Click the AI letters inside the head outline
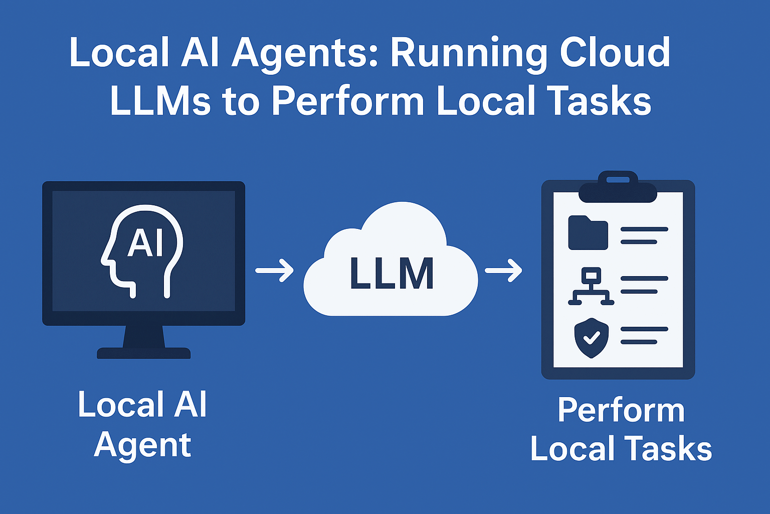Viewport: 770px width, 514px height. pos(145,243)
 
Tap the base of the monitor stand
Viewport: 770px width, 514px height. pos(143,353)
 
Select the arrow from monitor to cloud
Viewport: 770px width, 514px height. pos(274,271)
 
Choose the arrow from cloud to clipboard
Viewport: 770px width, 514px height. pos(503,271)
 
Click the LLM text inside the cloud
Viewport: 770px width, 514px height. pos(392,274)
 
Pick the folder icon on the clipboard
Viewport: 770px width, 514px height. pos(588,233)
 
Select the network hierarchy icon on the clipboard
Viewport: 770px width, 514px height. pos(591,286)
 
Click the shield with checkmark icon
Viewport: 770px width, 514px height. pos(591,338)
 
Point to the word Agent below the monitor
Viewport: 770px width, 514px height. pos(142,445)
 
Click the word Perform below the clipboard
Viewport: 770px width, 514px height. pos(621,410)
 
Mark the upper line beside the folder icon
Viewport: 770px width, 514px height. pos(644,229)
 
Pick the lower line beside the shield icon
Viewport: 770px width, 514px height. pos(639,342)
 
